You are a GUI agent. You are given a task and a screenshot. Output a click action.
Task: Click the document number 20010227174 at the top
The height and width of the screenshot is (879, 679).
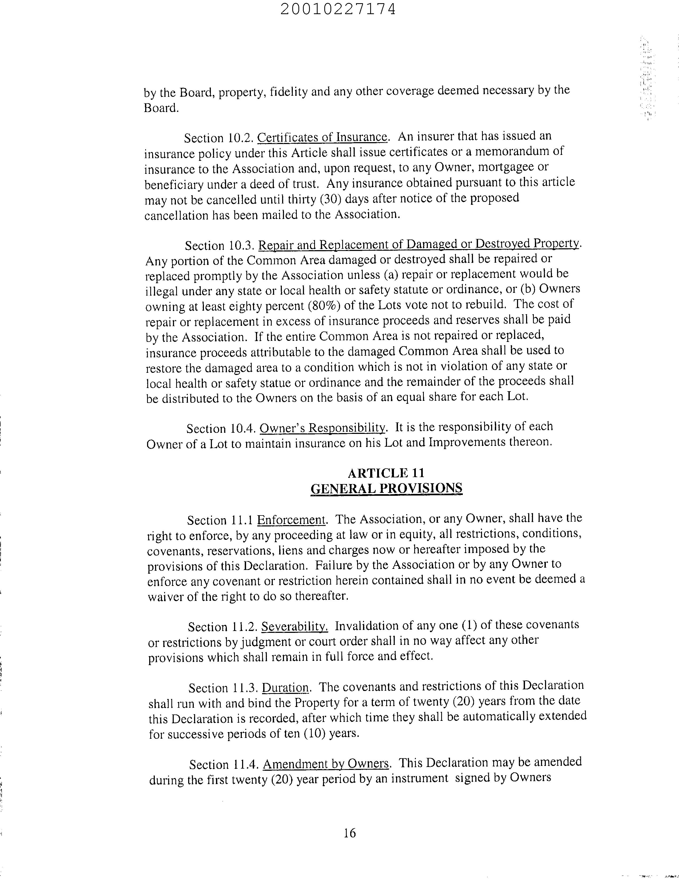[x=338, y=9]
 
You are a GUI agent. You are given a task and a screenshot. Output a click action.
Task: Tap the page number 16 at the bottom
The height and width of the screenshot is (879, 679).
[x=350, y=833]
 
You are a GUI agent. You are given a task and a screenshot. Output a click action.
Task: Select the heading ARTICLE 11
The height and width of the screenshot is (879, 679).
[x=386, y=473]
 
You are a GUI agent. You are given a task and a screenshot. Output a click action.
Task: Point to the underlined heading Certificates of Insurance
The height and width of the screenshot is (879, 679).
[x=322, y=137]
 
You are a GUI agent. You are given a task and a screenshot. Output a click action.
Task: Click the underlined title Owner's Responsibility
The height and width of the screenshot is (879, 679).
[x=322, y=428]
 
